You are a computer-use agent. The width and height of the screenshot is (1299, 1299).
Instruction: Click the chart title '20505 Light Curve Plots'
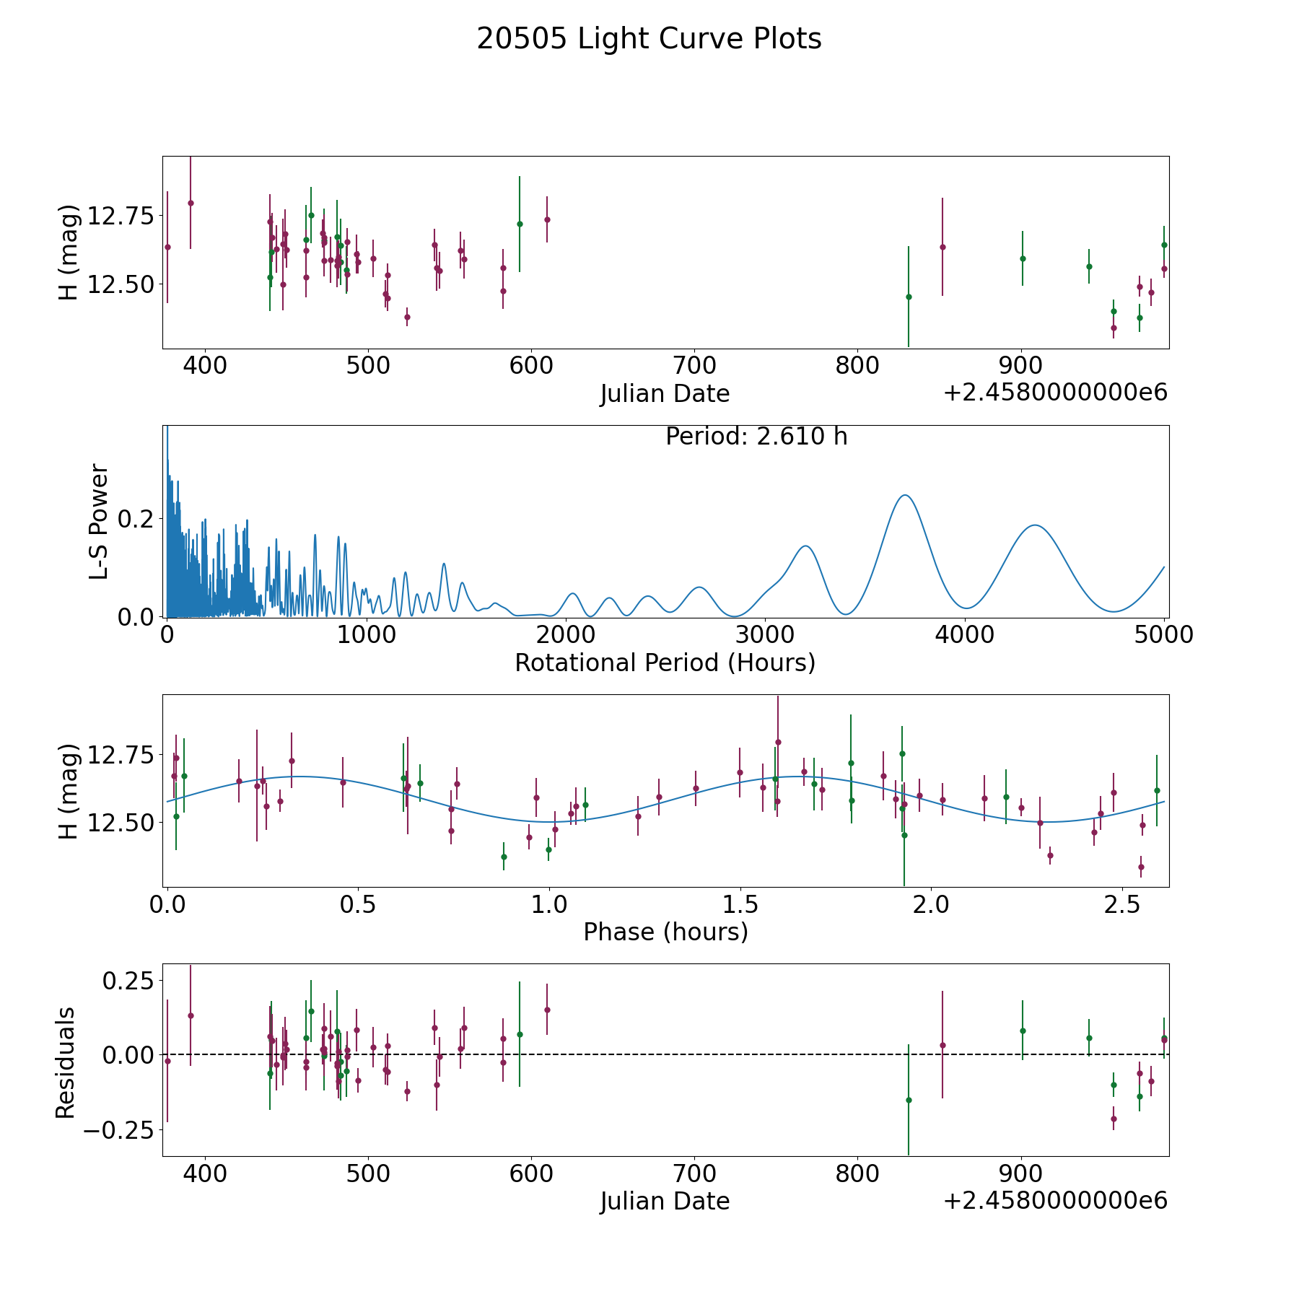pos(649,39)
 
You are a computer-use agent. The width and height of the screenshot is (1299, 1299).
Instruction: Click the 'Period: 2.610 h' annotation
pos(756,437)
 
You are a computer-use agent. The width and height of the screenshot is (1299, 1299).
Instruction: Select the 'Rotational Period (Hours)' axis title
pos(665,662)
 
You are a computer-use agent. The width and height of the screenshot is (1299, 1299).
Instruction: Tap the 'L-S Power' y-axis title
pos(100,522)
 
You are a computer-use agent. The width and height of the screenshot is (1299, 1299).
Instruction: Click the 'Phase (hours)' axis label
pos(665,932)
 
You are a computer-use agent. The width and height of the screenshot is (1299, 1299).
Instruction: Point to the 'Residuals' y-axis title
pos(66,1062)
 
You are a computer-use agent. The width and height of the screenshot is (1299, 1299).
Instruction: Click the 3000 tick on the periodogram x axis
pos(765,634)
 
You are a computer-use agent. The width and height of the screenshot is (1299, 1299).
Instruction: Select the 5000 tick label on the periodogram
pos(1164,634)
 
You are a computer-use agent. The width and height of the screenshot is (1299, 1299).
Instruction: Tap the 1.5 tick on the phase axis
pos(740,904)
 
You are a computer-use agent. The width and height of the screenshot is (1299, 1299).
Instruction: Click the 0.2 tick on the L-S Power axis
pos(137,519)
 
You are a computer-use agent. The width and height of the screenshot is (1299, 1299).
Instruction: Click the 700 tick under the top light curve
pos(694,365)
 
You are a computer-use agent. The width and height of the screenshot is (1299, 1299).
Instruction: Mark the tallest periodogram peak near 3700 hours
pos(904,495)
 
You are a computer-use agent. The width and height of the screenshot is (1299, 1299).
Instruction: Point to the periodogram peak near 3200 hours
pos(805,546)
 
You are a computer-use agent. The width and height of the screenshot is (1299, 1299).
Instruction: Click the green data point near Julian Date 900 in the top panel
pos(1022,258)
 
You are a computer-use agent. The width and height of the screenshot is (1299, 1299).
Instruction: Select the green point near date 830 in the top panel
pos(909,297)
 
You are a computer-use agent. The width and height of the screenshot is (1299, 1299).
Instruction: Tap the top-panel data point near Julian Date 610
pos(547,219)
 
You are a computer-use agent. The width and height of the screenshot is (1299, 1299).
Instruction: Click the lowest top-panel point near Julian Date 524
pos(407,317)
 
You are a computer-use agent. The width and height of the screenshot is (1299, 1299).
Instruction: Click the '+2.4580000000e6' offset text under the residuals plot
pos(1055,1201)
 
